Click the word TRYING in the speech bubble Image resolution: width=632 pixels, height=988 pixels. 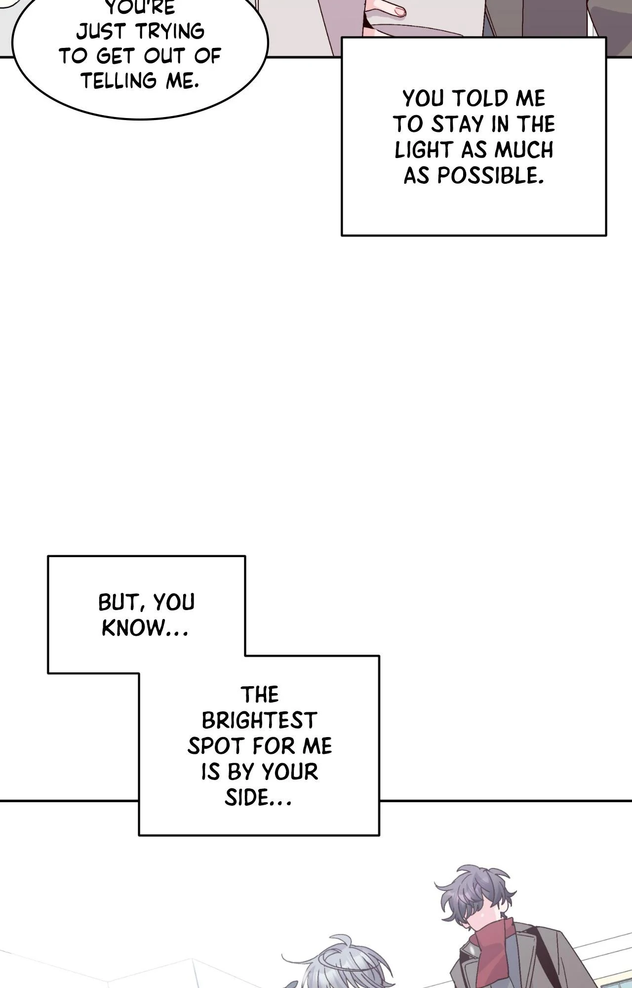171,32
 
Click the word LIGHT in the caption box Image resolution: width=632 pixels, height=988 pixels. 424,150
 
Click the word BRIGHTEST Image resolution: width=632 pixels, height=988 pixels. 259,721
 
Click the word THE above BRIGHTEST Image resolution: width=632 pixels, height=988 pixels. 260,695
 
